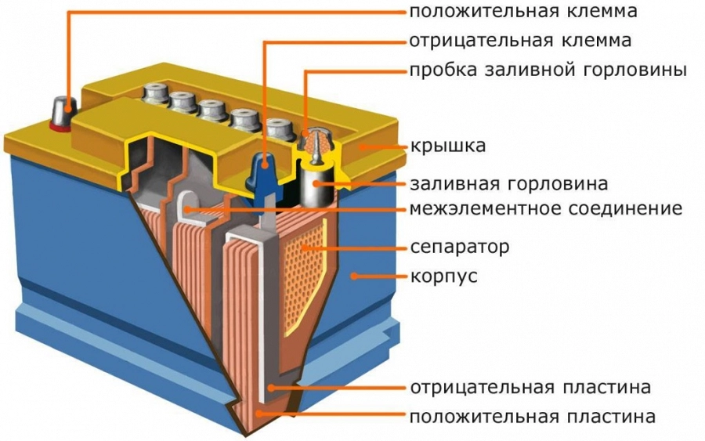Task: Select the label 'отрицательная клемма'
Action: click(x=520, y=40)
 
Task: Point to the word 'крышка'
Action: click(x=448, y=146)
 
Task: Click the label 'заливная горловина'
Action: click(x=508, y=184)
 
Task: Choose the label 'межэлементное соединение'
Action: click(x=546, y=209)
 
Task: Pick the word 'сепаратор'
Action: click(x=460, y=248)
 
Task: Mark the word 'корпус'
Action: click(x=443, y=277)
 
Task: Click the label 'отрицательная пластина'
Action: click(x=530, y=388)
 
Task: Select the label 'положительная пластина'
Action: click(x=532, y=415)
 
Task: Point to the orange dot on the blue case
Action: click(x=355, y=276)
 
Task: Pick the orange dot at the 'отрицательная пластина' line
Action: click(x=271, y=388)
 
